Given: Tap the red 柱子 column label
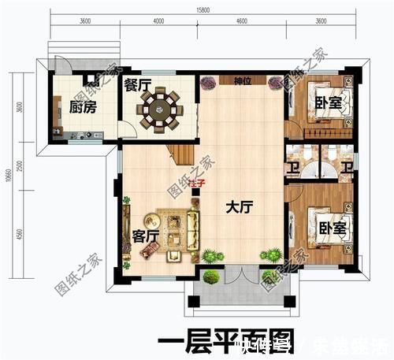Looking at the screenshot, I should (x=197, y=184).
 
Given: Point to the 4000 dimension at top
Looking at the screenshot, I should (x=159, y=23).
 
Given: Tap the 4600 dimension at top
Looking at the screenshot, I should (x=240, y=23).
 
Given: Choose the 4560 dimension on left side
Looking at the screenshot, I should (x=18, y=234).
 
